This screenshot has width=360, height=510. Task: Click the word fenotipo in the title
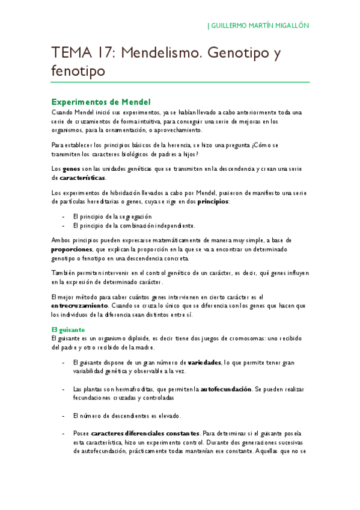pos(78,71)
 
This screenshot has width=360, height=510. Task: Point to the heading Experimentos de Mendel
pos(100,102)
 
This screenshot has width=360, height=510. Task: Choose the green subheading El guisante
pos(67,330)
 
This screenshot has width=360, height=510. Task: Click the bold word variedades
pos(204,363)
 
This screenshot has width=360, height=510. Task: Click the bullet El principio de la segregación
pos(112,216)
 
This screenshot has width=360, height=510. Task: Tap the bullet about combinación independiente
pos(133,226)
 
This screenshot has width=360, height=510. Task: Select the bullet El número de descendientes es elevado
pos(126,416)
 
